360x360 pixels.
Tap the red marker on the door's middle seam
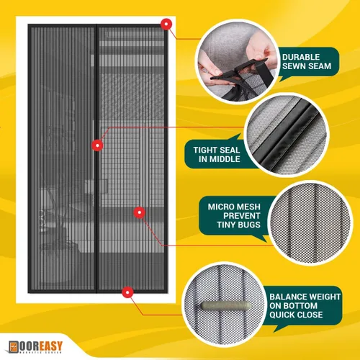pos(96,145)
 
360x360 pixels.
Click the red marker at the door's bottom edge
pos(128,292)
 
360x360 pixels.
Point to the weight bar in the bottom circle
pos(215,307)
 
